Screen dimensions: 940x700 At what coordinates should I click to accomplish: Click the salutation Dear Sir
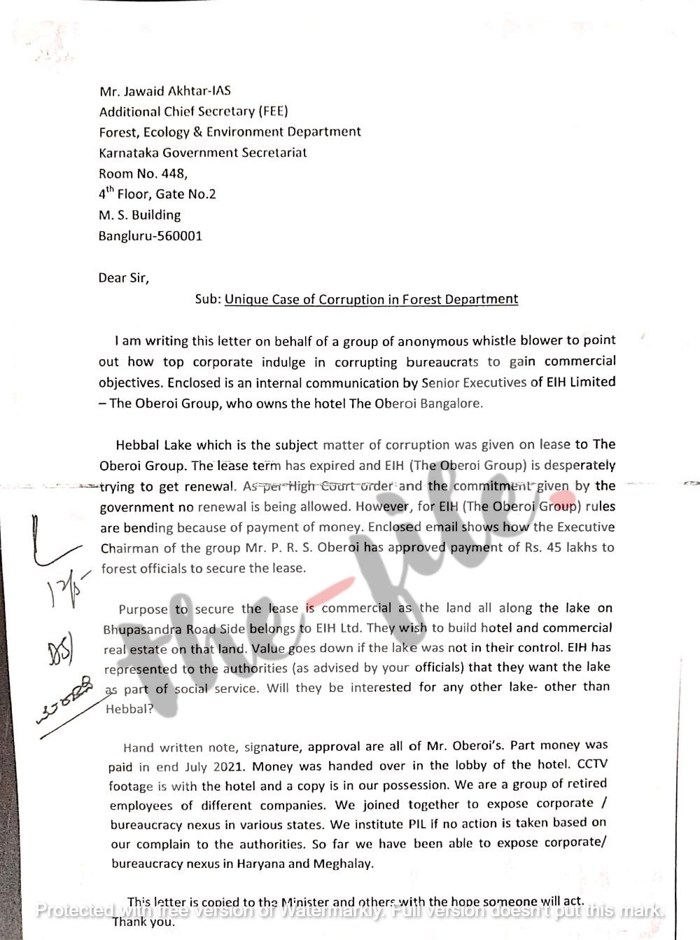pyautogui.click(x=123, y=278)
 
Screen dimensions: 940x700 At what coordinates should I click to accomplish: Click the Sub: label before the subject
pyautogui.click(x=207, y=300)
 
